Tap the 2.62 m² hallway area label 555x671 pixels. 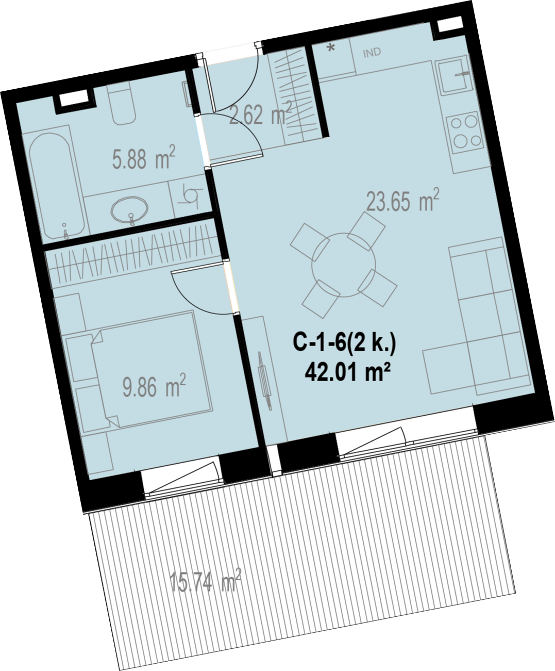(x=260, y=113)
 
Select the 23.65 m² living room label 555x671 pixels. (x=402, y=200)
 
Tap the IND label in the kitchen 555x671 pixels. (x=372, y=53)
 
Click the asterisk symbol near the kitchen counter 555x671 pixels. (x=331, y=48)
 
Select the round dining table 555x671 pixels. (x=344, y=265)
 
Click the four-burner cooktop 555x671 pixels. (x=465, y=132)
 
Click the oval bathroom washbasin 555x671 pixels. (x=130, y=210)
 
